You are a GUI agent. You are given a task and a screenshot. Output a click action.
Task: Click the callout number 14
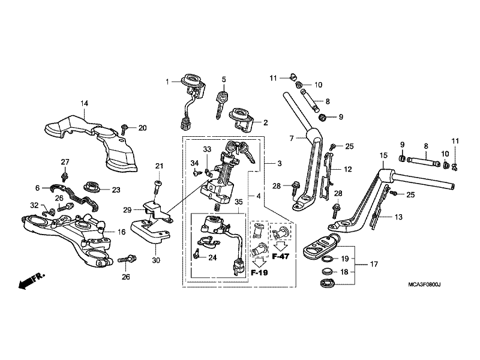(x=85, y=104)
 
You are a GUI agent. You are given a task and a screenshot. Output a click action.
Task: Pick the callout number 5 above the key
(x=223, y=79)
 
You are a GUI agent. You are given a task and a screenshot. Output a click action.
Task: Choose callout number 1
(x=169, y=82)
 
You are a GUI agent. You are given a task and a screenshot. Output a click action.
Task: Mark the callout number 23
(x=116, y=190)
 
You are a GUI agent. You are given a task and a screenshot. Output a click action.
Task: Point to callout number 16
(x=121, y=231)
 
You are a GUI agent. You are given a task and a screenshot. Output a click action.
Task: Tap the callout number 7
(x=291, y=138)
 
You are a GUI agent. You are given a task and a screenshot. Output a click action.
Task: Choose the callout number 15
(x=382, y=156)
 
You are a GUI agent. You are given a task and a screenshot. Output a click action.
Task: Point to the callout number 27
(x=65, y=161)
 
